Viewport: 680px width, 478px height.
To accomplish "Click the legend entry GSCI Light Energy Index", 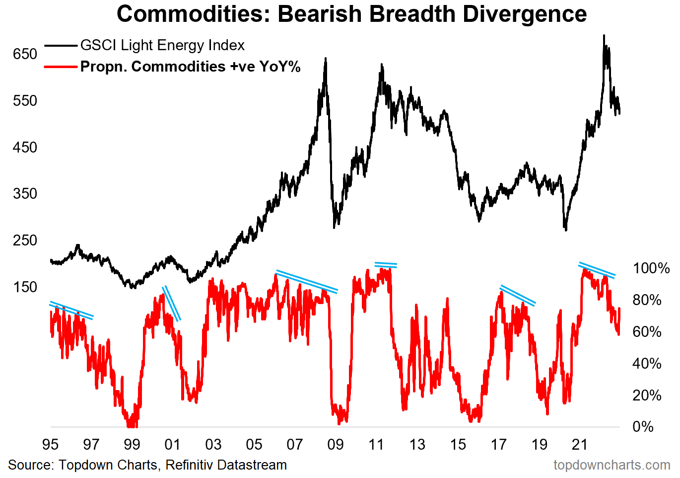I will [x=162, y=45].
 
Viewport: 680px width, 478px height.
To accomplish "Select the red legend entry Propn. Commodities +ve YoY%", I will [x=190, y=67].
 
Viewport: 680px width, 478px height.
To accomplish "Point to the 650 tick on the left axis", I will [x=25, y=54].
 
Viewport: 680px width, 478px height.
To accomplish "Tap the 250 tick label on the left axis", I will [x=25, y=240].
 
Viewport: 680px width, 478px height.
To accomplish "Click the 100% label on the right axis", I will [x=651, y=268].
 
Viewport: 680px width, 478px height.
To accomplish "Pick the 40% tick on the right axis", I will [x=647, y=363].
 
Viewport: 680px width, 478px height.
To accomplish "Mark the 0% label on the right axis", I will [x=643, y=426].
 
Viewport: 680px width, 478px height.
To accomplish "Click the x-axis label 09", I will [x=336, y=444].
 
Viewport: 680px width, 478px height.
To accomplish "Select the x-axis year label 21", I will [x=580, y=444].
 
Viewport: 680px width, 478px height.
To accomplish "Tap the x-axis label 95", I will [x=51, y=444].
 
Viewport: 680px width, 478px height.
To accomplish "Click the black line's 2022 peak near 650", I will [x=604, y=36].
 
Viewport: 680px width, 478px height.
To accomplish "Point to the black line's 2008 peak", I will [x=326, y=59].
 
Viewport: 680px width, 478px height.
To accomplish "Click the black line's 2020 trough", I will [x=566, y=230].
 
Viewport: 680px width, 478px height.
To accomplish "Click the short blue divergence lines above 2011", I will [x=386, y=265].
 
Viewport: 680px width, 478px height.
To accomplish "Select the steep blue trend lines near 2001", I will [x=172, y=303].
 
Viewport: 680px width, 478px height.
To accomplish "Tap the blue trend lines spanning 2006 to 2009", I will [x=307, y=281].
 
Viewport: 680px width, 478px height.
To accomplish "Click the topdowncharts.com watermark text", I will [x=612, y=465].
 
